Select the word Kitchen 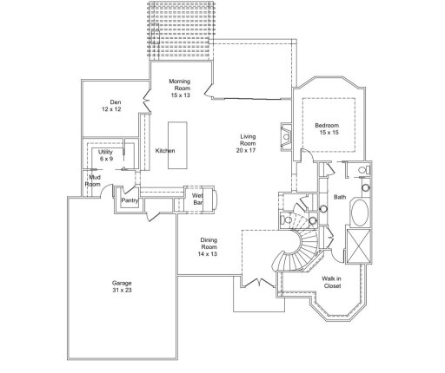(x=165, y=151)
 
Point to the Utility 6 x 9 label (x=106, y=156)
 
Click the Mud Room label (x=92, y=181)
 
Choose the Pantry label (x=130, y=200)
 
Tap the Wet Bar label (x=197, y=200)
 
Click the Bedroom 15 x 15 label (x=327, y=129)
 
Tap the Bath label (x=339, y=197)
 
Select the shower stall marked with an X (x=358, y=242)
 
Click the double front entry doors (x=255, y=283)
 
